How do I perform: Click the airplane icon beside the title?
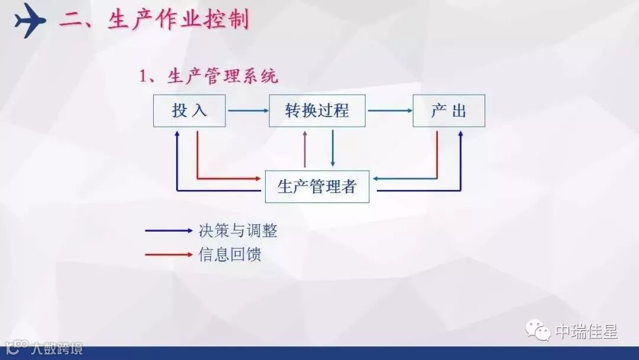pos(30,21)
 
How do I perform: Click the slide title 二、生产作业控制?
pos(154,21)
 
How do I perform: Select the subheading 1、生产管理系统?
pos(208,76)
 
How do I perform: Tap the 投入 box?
pos(189,111)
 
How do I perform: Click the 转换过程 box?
pos(317,111)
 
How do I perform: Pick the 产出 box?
pos(448,111)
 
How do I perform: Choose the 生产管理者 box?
pos(317,187)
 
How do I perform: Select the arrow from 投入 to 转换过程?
pos(247,111)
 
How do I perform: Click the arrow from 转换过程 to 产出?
pos(389,111)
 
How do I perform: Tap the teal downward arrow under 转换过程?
pos(333,148)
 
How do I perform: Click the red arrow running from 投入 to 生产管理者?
pos(225,178)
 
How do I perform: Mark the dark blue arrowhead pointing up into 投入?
pos(177,134)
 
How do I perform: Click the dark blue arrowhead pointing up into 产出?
pos(460,134)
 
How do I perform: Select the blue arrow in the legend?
pos(169,231)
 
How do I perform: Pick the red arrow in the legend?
pos(169,255)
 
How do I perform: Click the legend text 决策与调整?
pos(238,231)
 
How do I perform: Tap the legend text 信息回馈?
pos(230,255)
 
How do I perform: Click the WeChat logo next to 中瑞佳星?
pos(540,330)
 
